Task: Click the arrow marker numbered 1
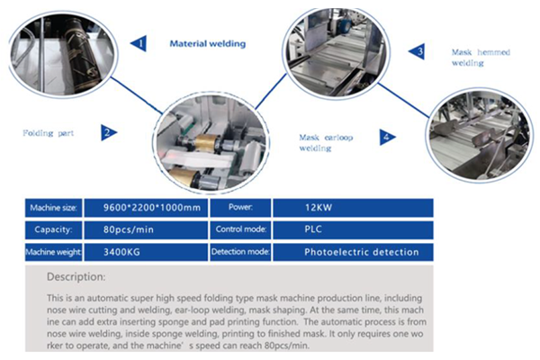click(x=138, y=41)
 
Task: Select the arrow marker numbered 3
click(x=418, y=52)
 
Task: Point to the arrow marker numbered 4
click(x=386, y=137)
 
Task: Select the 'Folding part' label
click(x=49, y=133)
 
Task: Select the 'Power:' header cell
click(x=238, y=207)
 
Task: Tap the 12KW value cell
click(x=351, y=207)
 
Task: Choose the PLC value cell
click(x=351, y=229)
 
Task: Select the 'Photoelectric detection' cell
click(x=351, y=252)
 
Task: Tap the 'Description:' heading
click(x=76, y=276)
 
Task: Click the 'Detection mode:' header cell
click(x=238, y=252)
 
